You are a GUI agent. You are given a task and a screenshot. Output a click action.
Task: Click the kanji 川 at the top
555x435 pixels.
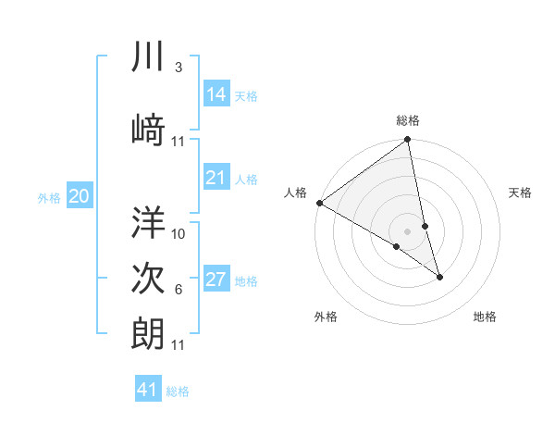click(148, 57)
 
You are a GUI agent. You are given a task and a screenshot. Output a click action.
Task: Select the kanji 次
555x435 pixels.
click(148, 278)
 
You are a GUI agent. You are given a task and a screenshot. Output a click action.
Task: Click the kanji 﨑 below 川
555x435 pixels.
click(148, 128)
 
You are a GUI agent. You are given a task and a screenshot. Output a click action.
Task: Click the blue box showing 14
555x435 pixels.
click(216, 94)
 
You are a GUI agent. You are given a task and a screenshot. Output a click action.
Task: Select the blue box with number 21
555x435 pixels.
click(216, 178)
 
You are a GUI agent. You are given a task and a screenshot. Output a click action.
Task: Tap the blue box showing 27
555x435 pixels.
click(216, 280)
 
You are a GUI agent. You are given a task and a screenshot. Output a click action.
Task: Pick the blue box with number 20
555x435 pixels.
click(80, 195)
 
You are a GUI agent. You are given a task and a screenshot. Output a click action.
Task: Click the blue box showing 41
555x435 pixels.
click(148, 390)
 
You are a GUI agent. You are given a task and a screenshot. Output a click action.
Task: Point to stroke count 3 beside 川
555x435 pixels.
click(178, 68)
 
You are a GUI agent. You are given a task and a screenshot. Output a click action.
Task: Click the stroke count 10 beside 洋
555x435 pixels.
click(179, 233)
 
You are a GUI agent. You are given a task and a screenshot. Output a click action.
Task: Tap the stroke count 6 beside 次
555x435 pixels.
click(178, 290)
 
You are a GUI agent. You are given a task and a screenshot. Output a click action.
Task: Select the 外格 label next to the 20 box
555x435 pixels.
click(49, 197)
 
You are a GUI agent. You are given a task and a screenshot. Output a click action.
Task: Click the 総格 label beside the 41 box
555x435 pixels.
click(178, 391)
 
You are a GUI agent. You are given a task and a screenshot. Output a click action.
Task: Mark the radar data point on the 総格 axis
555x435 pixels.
click(408, 141)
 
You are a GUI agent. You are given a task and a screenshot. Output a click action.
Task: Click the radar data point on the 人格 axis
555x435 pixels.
click(319, 203)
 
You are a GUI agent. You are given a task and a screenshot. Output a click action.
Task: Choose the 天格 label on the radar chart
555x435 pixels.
click(521, 193)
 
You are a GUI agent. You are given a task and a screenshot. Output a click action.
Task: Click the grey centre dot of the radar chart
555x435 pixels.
click(407, 230)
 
